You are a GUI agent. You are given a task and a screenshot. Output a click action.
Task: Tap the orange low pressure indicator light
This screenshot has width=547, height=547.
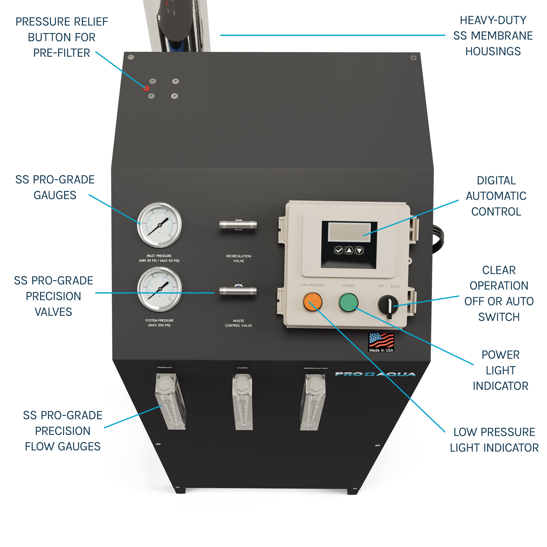(313, 302)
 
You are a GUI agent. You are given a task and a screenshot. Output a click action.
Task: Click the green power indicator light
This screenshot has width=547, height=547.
(348, 302)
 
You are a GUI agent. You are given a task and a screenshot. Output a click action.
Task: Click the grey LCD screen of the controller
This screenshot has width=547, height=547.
(349, 232)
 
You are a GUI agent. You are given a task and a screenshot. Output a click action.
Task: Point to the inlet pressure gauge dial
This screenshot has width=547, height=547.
(159, 225)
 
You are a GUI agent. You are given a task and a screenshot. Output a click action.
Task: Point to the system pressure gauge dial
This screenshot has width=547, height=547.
(160, 289)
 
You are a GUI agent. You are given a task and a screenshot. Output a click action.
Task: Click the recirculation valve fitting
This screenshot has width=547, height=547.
(238, 225)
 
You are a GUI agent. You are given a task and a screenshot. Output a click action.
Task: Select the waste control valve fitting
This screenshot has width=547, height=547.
(238, 291)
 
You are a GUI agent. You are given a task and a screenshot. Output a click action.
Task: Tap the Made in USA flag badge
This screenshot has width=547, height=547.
(381, 343)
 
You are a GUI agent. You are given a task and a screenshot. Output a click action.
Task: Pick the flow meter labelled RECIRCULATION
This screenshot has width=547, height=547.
(313, 402)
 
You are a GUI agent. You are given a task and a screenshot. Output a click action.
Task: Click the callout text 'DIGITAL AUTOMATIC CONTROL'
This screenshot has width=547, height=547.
(496, 196)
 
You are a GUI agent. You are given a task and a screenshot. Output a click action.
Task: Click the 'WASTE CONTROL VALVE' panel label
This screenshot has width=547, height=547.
(238, 323)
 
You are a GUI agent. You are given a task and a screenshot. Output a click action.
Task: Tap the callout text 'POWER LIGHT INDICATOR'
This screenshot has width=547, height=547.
(500, 370)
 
